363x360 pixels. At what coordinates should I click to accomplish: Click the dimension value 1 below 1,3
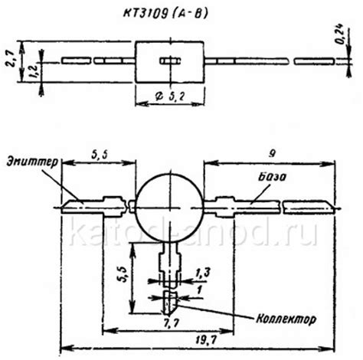click(x=200, y=290)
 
